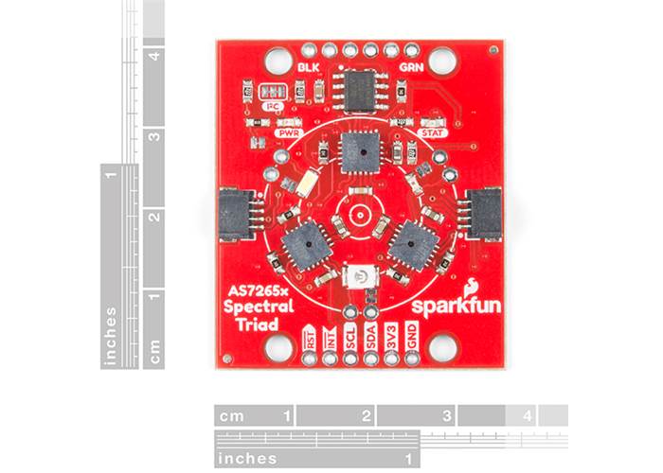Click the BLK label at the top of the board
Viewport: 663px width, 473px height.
point(308,68)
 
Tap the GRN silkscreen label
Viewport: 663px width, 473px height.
point(411,68)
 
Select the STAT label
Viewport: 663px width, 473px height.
point(432,134)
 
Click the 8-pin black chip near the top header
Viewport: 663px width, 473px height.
point(360,91)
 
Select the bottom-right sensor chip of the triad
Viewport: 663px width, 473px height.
point(413,245)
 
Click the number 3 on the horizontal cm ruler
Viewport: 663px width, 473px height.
point(445,415)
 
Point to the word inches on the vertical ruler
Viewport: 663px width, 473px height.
point(112,335)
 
